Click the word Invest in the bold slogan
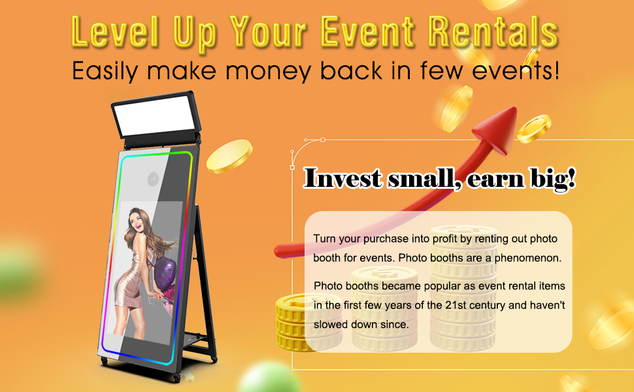click(342, 178)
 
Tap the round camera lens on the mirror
click(154, 178)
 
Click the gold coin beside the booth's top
click(229, 157)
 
